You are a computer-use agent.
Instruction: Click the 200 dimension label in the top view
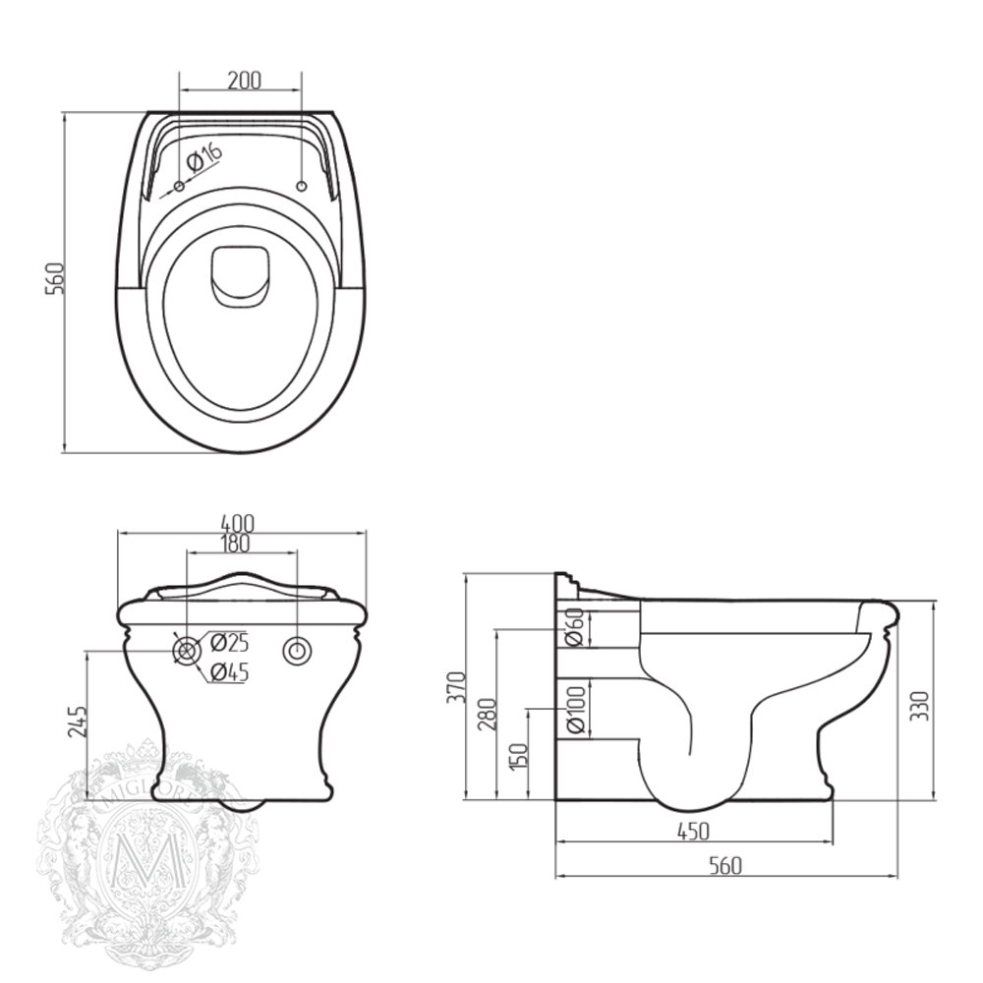[244, 81]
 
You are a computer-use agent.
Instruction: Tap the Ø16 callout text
[203, 158]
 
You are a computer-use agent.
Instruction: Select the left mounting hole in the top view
[178, 186]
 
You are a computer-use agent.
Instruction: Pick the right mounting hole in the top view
[302, 186]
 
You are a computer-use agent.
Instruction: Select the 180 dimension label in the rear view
[235, 542]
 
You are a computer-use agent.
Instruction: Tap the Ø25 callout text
[230, 643]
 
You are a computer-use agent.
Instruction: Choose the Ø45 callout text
[230, 672]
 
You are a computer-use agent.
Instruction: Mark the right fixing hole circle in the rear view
[297, 651]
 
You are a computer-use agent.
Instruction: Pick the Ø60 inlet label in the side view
[575, 628]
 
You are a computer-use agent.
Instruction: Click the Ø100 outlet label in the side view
[575, 709]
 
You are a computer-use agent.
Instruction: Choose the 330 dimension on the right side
[919, 704]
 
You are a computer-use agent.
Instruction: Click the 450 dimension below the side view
[693, 832]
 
